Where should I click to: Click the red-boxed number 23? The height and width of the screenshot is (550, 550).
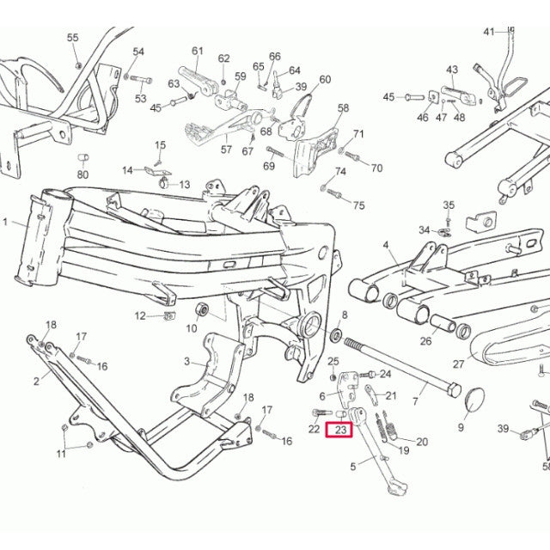click(339, 430)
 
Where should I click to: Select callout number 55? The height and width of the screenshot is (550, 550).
click(72, 38)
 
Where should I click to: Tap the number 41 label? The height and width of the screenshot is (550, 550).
click(489, 33)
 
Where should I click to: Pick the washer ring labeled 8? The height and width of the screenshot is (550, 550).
click(335, 333)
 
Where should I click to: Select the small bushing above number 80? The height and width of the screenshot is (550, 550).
click(84, 159)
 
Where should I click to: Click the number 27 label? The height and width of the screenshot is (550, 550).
click(458, 364)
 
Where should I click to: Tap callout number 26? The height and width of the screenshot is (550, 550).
click(425, 341)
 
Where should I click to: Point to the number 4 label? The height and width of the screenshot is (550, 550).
click(388, 246)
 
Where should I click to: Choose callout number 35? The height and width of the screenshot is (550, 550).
click(448, 205)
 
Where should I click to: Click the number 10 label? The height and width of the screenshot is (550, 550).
click(192, 328)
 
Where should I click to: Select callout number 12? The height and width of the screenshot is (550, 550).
click(140, 316)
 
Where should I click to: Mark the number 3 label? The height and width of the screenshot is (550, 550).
click(187, 362)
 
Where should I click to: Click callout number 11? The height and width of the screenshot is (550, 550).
click(61, 453)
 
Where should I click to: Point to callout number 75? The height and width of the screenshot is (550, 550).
click(359, 205)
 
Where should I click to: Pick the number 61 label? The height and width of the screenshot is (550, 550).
click(197, 51)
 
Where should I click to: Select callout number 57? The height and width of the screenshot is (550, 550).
click(226, 150)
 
